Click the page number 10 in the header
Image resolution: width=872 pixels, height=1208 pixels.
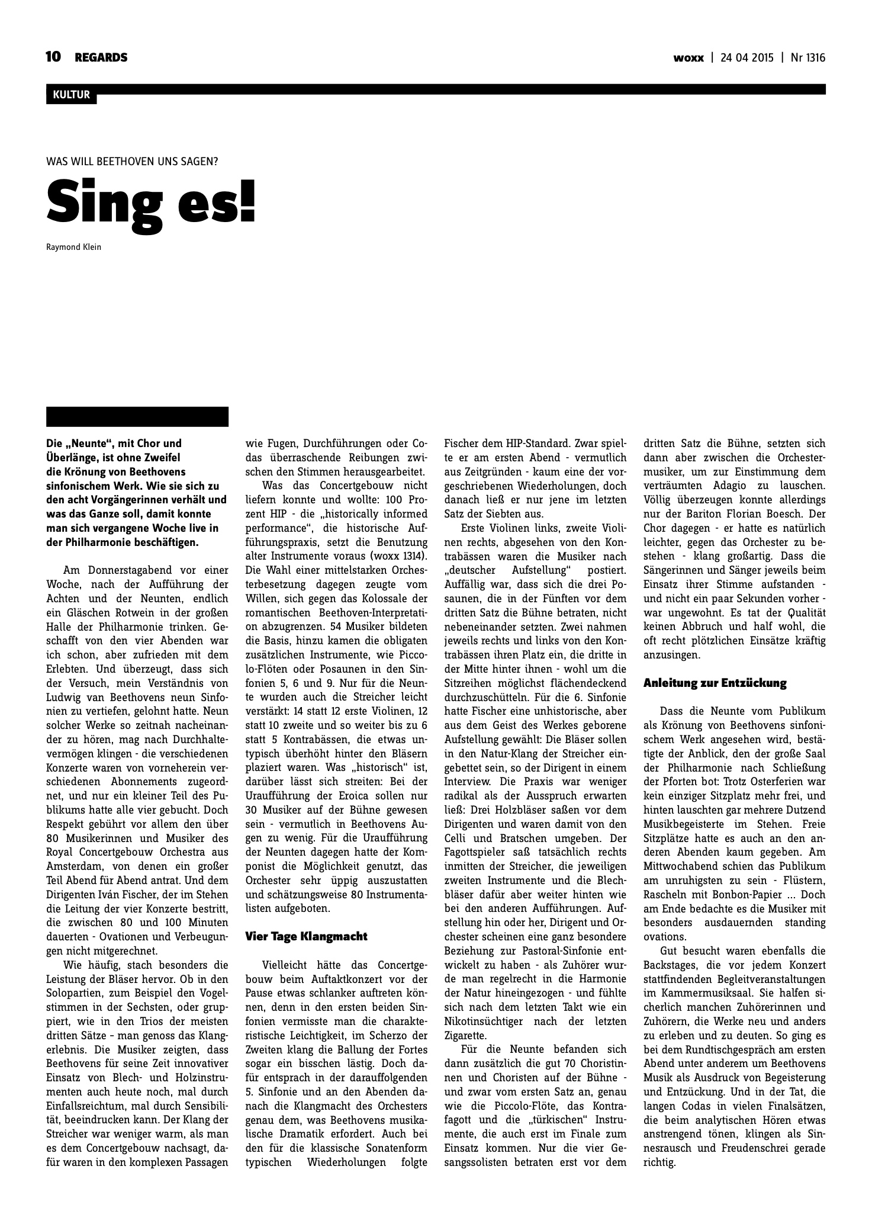click(53, 57)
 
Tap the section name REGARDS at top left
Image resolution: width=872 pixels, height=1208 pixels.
click(101, 57)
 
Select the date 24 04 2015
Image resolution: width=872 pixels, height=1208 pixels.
click(746, 58)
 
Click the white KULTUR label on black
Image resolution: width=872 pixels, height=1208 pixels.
click(71, 95)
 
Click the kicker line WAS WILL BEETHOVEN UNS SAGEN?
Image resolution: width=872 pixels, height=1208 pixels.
click(132, 160)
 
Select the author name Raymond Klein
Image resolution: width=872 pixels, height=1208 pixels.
click(73, 247)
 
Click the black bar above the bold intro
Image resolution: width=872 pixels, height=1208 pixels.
click(137, 416)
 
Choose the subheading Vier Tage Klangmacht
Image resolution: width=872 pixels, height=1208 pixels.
click(306, 936)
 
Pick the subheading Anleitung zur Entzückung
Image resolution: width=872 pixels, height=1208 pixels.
click(715, 683)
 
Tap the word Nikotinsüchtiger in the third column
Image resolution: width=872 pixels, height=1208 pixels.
click(492, 1021)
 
